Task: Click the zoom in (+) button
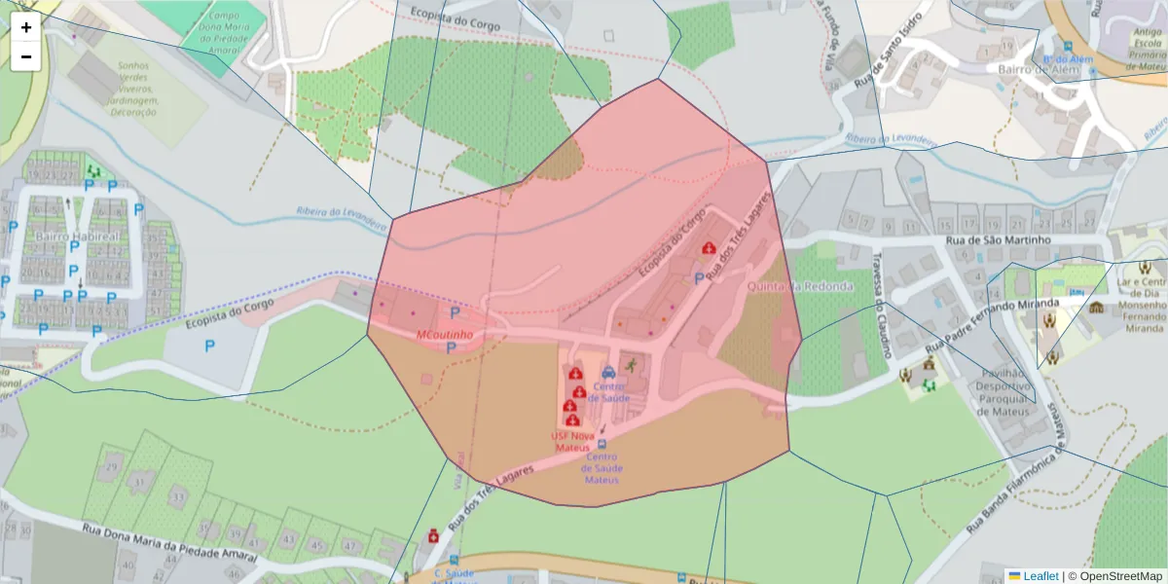pyautogui.click(x=26, y=27)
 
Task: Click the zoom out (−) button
pyautogui.click(x=26, y=56)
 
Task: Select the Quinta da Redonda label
pyautogui.click(x=800, y=286)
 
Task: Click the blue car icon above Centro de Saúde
pyautogui.click(x=608, y=373)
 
